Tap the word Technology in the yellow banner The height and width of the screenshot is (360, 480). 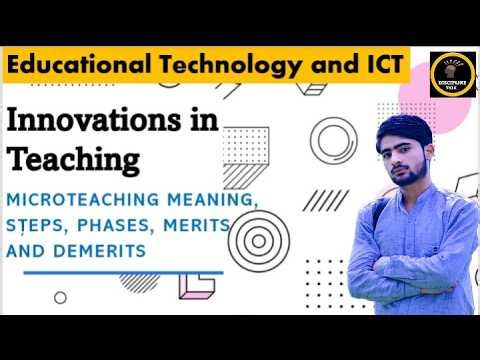click(229, 66)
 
